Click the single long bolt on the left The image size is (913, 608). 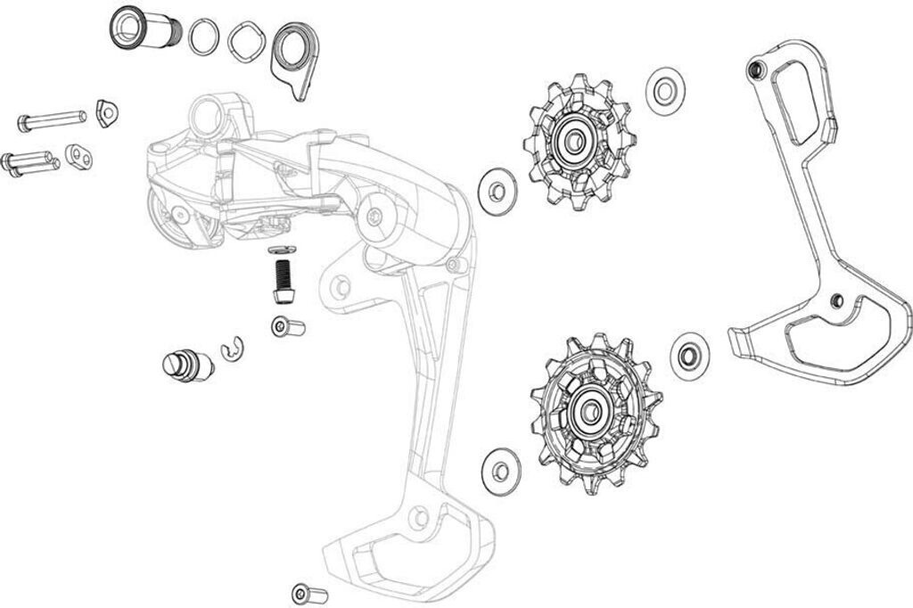coord(50,119)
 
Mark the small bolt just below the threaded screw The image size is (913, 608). coord(288,328)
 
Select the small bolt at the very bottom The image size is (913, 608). coord(309,593)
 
